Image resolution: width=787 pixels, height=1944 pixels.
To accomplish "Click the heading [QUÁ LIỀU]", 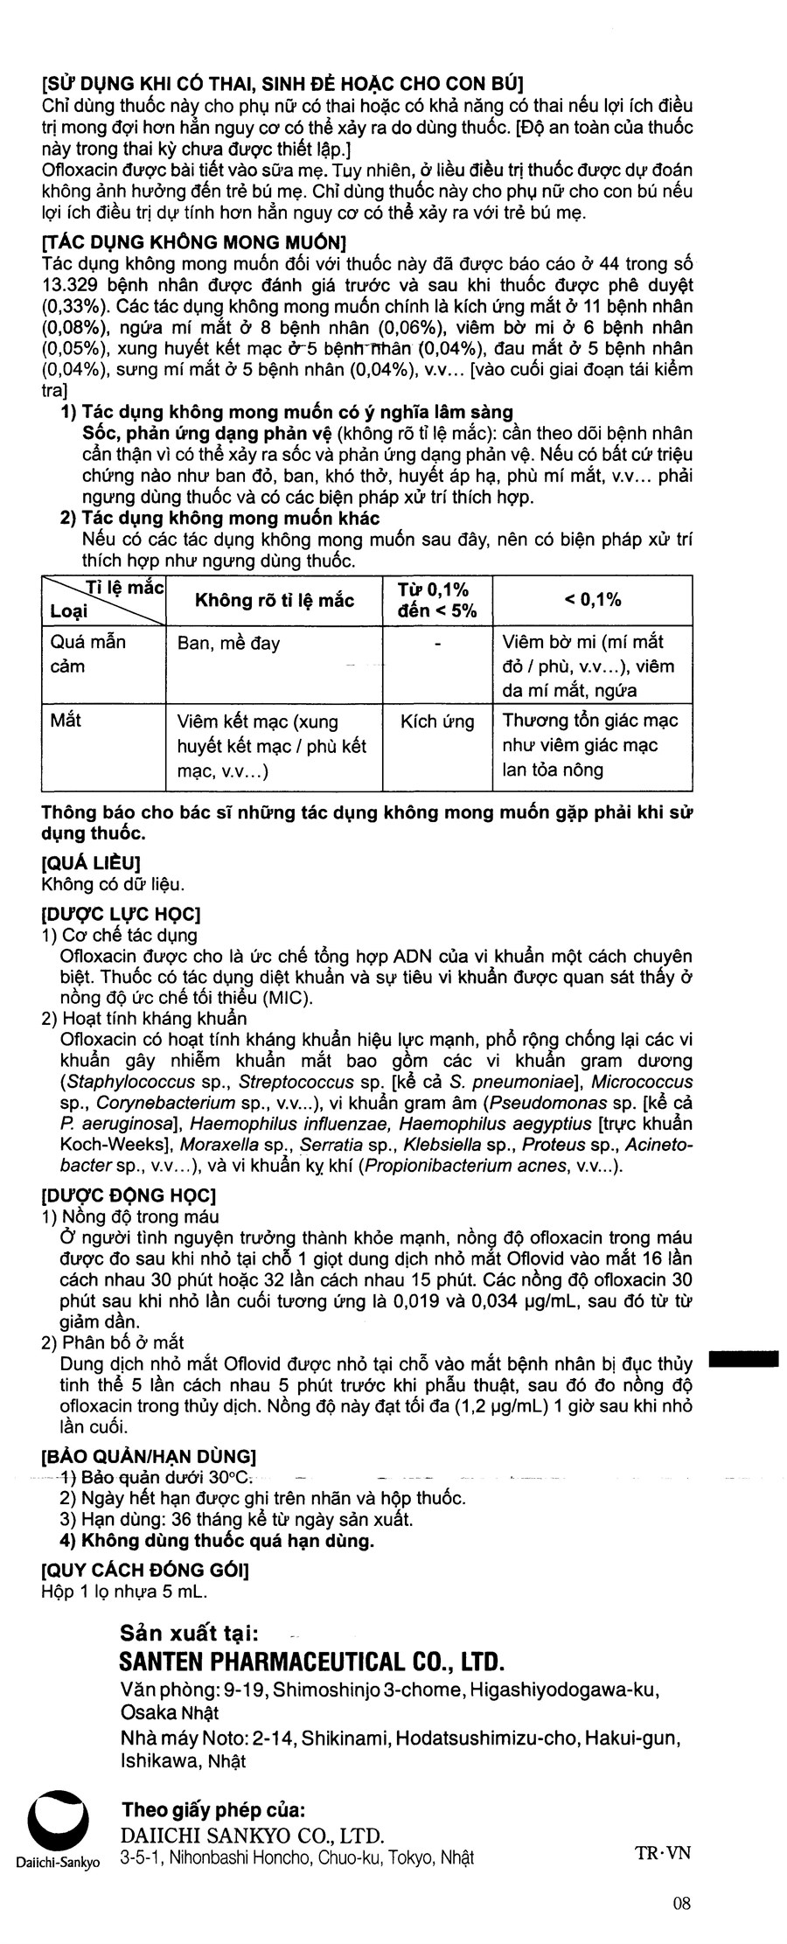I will pyautogui.click(x=91, y=864).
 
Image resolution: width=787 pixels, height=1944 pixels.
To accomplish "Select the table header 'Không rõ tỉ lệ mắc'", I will pyautogui.click(x=274, y=600).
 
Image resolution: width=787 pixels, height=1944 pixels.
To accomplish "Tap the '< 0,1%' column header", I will pyautogui.click(x=592, y=599).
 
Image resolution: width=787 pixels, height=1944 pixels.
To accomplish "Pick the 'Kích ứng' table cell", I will pyautogui.click(x=437, y=721).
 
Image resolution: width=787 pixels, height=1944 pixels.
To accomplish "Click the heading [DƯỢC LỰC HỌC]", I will pyautogui.click(x=121, y=915).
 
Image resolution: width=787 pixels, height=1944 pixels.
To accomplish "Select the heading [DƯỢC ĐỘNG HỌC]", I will pyautogui.click(x=129, y=1195).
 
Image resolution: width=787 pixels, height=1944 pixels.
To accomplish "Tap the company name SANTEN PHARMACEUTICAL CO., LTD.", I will pyautogui.click(x=312, y=1662).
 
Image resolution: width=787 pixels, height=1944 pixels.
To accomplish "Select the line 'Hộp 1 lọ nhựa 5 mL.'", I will pyautogui.click(x=124, y=1592).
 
